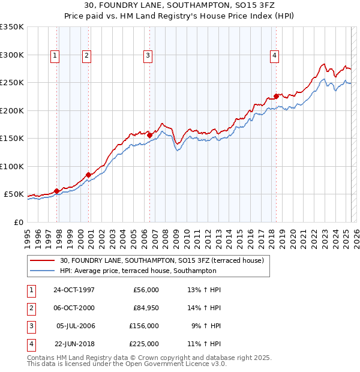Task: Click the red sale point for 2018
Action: click(276, 96)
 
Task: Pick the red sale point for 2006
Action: click(149, 135)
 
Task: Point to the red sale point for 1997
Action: click(57, 191)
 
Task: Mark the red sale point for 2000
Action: click(88, 175)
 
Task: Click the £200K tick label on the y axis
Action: click(12, 110)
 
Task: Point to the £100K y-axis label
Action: click(12, 166)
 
